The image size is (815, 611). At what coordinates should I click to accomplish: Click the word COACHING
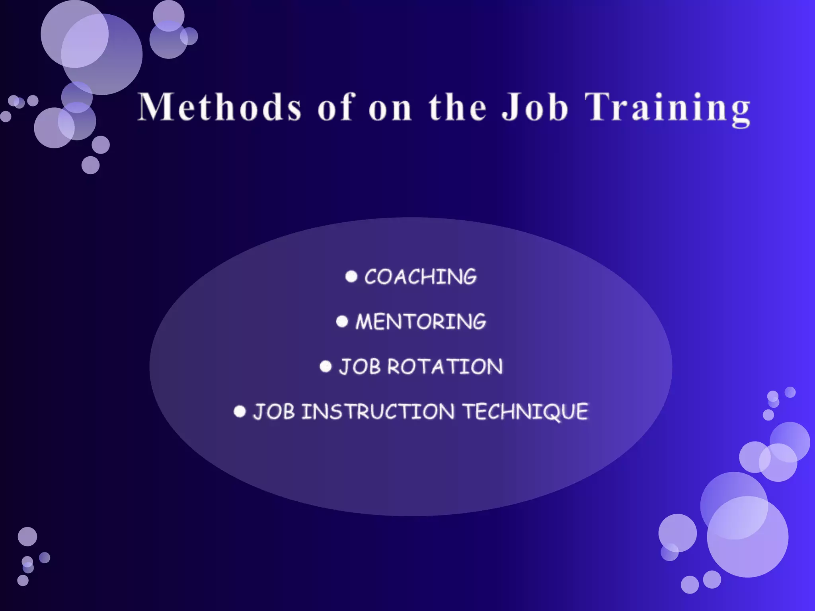[420, 277]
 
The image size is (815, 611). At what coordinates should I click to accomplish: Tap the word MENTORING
[421, 321]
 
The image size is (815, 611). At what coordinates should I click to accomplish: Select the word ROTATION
[445, 366]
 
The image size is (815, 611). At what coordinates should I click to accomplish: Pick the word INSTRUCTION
[378, 411]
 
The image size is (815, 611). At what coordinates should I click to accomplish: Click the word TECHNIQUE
[526, 411]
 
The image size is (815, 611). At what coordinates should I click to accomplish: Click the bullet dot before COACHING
[351, 276]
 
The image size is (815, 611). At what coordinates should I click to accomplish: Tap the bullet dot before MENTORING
[342, 321]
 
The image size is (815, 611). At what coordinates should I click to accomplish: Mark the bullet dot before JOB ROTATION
[326, 366]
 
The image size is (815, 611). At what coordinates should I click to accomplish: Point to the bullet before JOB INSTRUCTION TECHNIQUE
[240, 411]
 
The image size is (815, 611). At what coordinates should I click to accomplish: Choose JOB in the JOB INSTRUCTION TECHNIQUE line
[274, 411]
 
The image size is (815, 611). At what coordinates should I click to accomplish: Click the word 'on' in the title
[390, 108]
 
